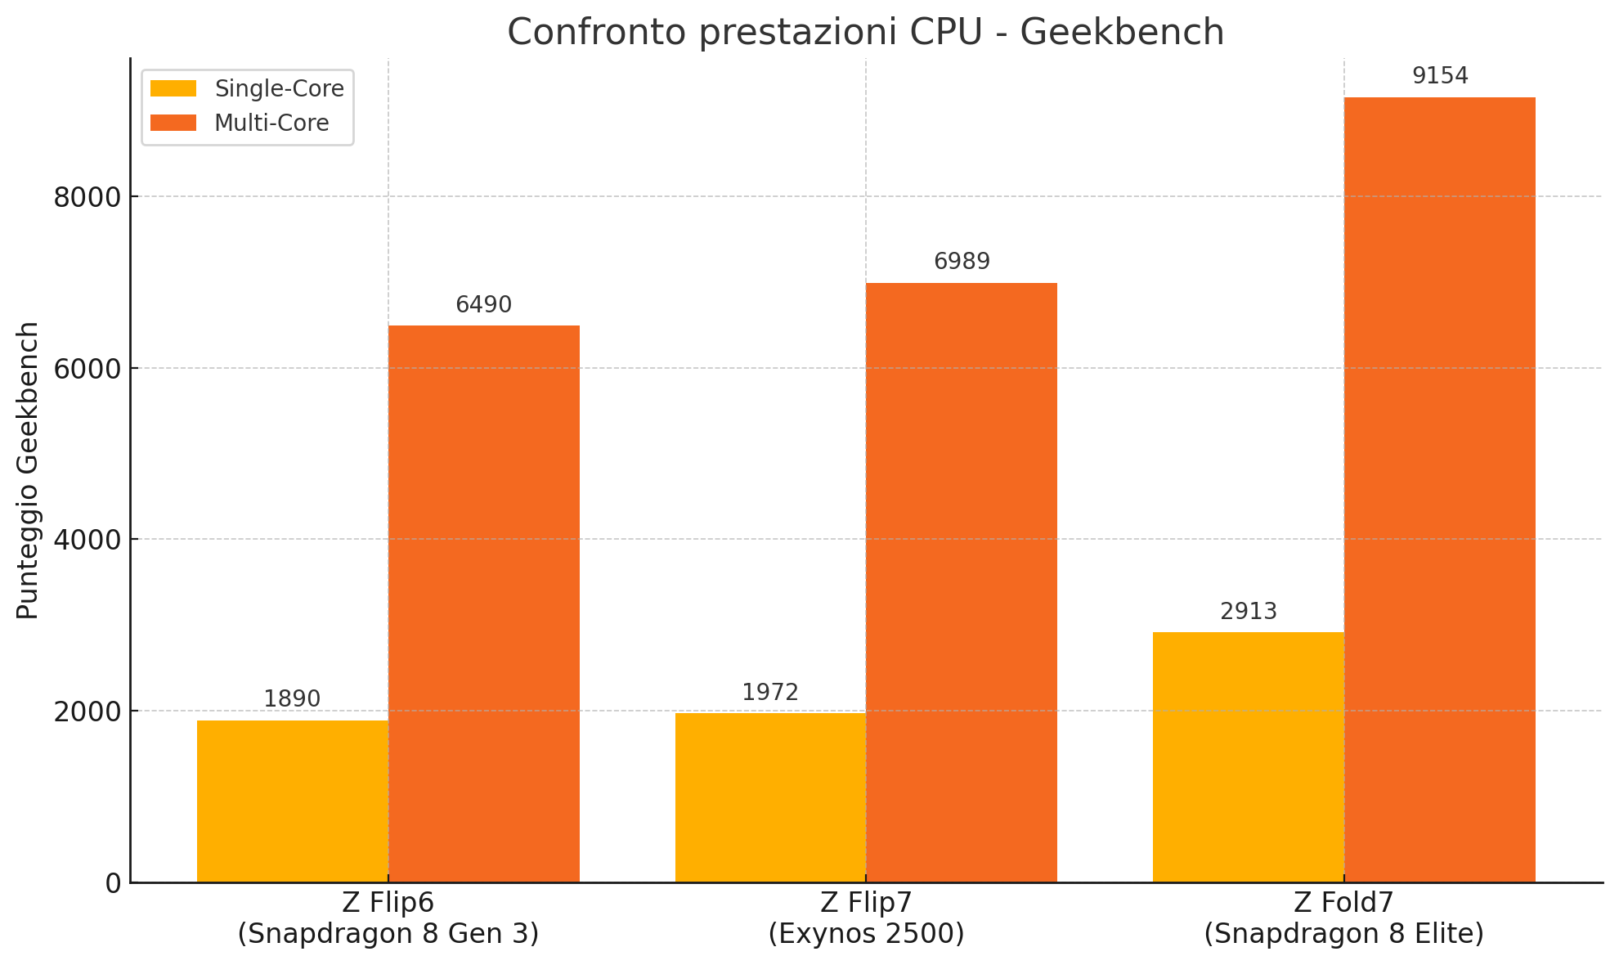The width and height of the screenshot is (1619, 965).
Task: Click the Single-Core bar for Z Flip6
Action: pos(293,801)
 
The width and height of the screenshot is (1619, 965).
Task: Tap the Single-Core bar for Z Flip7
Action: pos(770,797)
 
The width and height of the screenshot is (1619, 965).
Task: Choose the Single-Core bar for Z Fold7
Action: pos(1249,756)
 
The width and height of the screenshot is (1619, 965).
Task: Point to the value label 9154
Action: pos(1440,76)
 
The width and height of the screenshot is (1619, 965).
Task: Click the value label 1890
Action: pos(292,699)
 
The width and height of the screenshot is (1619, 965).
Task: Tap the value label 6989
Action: pos(962,262)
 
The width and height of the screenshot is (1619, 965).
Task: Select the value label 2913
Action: pos(1249,612)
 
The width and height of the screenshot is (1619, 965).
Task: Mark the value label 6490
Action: pos(484,305)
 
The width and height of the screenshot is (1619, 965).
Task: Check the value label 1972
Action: pos(770,693)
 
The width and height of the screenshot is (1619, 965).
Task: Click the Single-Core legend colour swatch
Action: pos(173,88)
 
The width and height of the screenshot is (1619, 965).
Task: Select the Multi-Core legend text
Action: pos(271,123)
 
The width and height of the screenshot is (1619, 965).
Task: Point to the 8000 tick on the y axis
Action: pos(87,197)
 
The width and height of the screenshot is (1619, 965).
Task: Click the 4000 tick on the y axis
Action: pos(87,540)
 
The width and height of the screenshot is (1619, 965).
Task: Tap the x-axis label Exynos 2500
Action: pos(867,934)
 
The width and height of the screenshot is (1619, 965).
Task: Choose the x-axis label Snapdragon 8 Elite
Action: pos(1343,934)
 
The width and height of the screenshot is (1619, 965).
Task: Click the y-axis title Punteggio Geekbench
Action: pos(28,470)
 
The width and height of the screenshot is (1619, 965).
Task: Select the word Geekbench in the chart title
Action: pos(1122,33)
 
